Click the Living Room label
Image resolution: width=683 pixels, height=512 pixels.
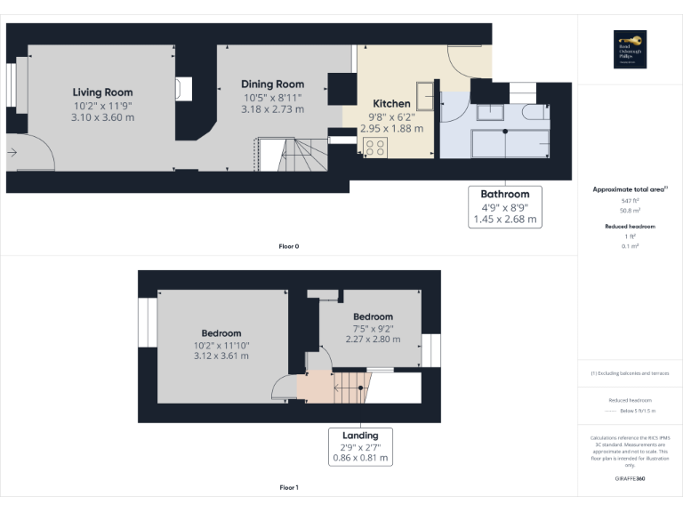pos(102,92)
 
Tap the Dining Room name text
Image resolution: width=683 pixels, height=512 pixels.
pos(272,84)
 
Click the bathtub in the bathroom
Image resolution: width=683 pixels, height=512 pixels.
pos(505,143)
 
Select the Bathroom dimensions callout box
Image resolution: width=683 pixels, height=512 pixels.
pos(504,206)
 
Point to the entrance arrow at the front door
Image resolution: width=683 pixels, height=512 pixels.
pos(12,153)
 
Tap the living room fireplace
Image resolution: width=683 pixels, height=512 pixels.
pos(183,89)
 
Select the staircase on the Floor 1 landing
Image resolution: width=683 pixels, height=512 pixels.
pos(350,387)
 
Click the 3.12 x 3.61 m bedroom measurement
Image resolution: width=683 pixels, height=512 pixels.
pos(221,356)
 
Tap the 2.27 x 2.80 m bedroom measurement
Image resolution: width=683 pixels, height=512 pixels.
pos(373,339)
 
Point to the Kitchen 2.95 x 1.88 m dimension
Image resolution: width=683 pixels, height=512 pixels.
pos(391,128)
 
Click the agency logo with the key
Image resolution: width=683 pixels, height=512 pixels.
pos(630,49)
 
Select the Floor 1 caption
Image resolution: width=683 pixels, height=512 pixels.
pos(289,487)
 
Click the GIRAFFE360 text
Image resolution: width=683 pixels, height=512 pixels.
pos(630,479)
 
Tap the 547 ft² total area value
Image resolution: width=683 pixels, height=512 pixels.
pos(630,201)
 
